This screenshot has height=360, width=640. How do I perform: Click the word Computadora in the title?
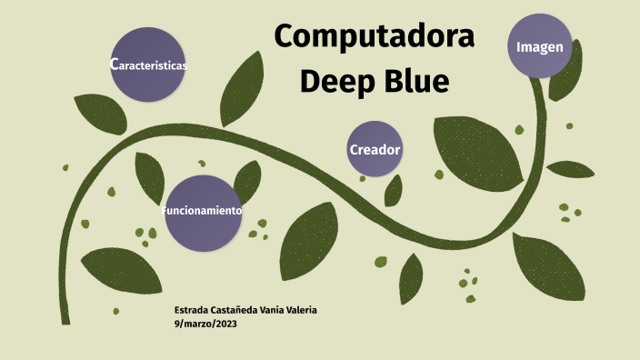click(375, 37)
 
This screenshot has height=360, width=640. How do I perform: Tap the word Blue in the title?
click(414, 82)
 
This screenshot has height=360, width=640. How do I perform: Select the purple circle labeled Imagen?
click(540, 46)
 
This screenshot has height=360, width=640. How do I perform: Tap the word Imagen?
click(540, 46)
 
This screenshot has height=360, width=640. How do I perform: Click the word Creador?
click(375, 149)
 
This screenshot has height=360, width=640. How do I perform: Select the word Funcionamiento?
click(202, 211)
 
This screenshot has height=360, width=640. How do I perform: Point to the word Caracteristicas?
click(148, 65)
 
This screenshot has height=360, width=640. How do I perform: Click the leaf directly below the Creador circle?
click(394, 190)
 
